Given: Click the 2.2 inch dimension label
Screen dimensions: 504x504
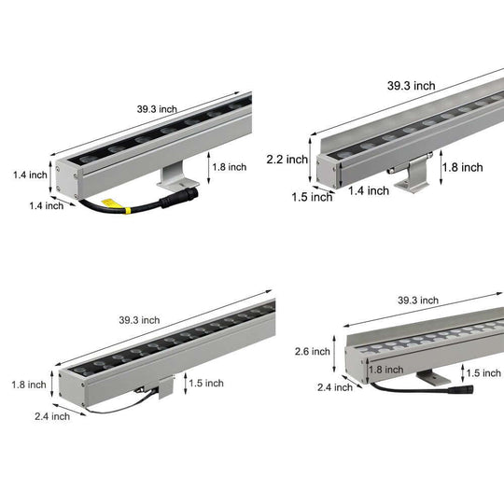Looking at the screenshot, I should click(x=287, y=159).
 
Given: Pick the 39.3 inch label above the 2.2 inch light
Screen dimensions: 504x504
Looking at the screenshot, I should click(x=412, y=85).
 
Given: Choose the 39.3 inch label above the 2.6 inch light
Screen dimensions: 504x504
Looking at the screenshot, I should click(x=417, y=301).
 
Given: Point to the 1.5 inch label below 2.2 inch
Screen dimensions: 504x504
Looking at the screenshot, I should click(x=311, y=196).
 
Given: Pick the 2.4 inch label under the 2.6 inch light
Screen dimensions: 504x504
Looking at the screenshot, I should click(x=335, y=386).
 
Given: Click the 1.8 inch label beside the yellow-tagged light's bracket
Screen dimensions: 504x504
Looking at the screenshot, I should click(x=229, y=167).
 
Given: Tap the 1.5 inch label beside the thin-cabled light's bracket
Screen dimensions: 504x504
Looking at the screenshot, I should click(x=206, y=383).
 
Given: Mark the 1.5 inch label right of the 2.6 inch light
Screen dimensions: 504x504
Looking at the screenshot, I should click(x=483, y=373).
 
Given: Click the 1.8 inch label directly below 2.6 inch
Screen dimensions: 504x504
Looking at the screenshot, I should click(x=385, y=370).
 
